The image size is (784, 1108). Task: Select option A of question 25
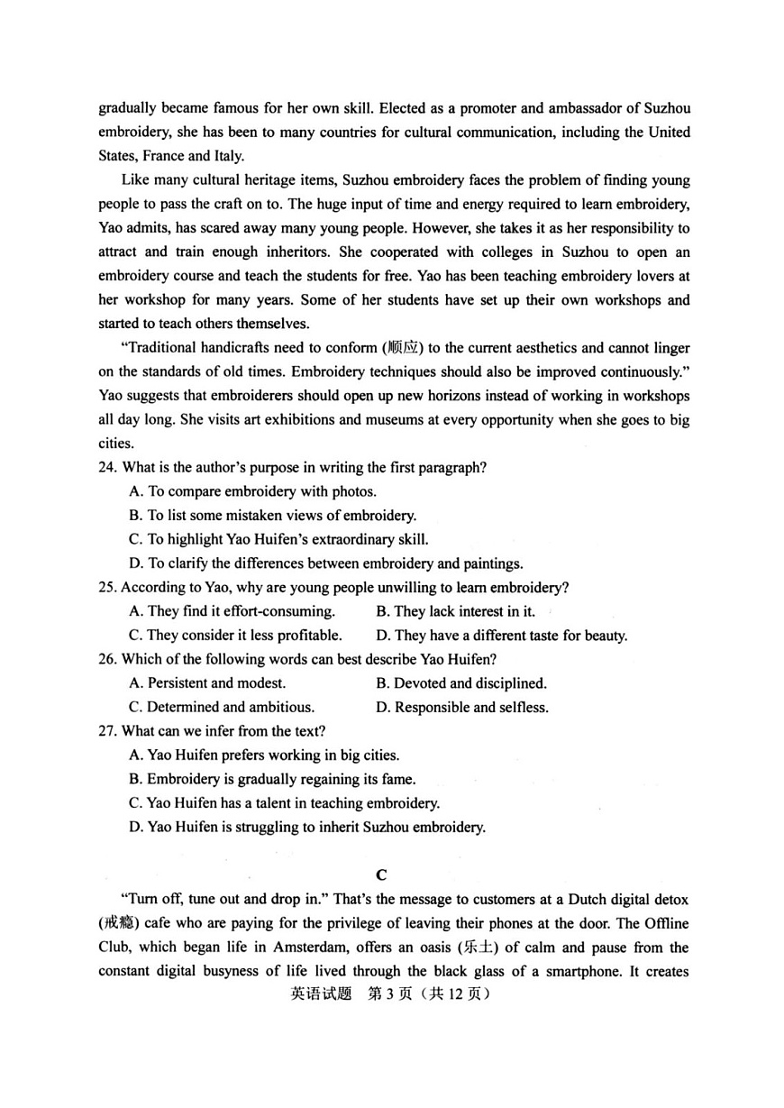pyautogui.click(x=232, y=611)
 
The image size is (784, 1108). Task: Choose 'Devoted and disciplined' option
pyautogui.click(x=460, y=683)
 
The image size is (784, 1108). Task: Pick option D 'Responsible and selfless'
pyautogui.click(x=461, y=708)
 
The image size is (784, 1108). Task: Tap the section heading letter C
pyautogui.click(x=382, y=874)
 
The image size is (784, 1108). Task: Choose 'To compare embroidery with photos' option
pyautogui.click(x=252, y=492)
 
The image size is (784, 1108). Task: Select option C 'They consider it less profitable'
pyautogui.click(x=235, y=636)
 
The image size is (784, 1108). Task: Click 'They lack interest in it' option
pyautogui.click(x=455, y=611)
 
